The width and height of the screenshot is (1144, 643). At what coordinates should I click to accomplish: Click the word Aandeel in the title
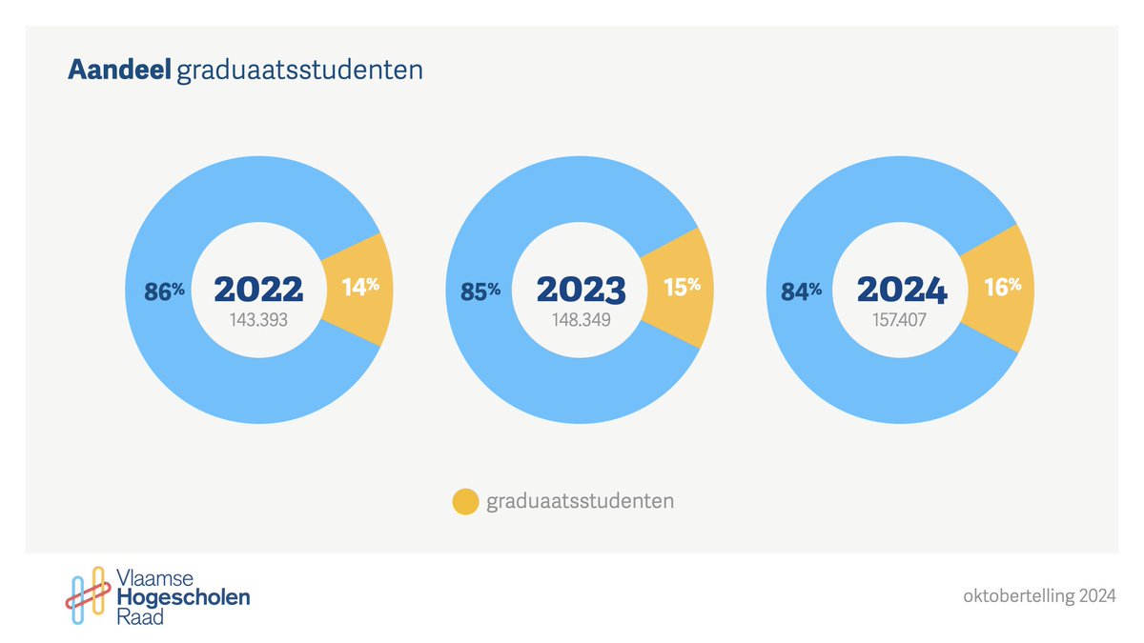coord(119,70)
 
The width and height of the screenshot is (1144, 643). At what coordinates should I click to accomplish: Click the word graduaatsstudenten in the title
coord(299,71)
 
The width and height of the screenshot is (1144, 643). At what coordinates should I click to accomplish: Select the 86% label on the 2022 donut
coord(164,292)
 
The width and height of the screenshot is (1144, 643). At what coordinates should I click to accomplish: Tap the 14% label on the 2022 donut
coord(360,286)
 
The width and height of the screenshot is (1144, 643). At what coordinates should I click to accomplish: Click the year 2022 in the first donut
coord(258,290)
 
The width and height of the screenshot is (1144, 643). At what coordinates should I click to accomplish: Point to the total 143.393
coord(258,321)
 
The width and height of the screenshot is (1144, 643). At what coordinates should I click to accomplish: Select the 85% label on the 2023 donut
coord(480,292)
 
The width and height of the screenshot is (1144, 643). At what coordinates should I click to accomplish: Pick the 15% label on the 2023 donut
coord(682,286)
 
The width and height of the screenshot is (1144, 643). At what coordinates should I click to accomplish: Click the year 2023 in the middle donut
coord(580,290)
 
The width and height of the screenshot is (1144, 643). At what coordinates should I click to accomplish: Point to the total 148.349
coord(580,321)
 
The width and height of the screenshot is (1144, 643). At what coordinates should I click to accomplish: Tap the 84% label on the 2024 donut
coord(802,292)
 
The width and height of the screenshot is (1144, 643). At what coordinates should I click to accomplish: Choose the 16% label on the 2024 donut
coord(1002,286)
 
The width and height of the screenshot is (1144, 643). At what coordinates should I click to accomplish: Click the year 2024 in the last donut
coord(901,290)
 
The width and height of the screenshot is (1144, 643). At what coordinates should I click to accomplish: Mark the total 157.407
coord(901,321)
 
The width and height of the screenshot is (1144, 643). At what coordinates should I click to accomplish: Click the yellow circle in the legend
coord(464,501)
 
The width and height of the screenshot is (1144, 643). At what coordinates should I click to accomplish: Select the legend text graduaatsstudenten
coord(580,501)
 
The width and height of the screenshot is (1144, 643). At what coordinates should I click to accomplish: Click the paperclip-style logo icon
coord(85,597)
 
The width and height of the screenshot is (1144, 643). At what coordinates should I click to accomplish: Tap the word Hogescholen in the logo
coord(182,598)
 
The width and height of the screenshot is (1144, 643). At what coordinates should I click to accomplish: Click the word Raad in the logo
coord(138,617)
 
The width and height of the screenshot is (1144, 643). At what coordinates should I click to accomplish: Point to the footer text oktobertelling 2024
coord(1039,597)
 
